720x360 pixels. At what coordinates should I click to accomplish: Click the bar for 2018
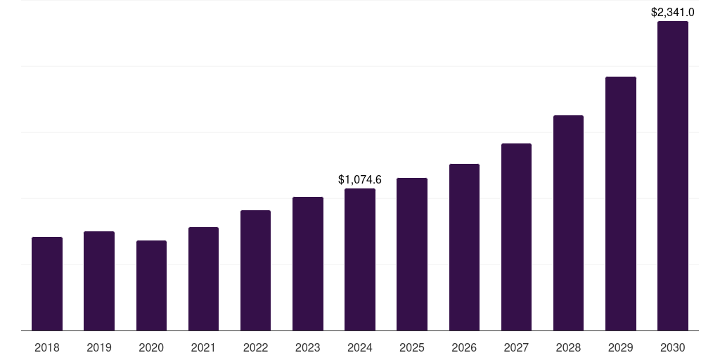coord(47,284)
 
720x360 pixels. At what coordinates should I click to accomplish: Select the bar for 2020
coord(151,285)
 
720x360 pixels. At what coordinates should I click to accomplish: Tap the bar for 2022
coord(255,271)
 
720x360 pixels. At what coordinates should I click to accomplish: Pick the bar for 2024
coord(360,259)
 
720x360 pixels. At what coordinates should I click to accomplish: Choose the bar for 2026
coord(464,247)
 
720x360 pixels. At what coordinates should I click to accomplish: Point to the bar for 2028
coord(568,223)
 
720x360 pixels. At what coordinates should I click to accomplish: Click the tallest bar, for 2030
coord(673,176)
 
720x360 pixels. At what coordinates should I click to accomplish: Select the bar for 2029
coord(621,204)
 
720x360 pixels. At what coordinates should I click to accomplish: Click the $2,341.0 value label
coord(673,12)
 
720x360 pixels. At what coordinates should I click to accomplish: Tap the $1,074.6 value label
coord(360,179)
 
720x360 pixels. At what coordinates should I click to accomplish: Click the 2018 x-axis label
coord(47,347)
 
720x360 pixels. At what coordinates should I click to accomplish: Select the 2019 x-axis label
coord(99,347)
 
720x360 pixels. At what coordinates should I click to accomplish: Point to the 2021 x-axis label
coord(203,347)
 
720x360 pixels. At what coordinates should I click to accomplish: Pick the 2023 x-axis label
coord(308,347)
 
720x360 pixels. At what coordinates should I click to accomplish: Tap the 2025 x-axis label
coord(412,347)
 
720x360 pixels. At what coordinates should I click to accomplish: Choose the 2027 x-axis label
coord(516,347)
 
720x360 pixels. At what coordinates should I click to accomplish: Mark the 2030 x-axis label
coord(673,347)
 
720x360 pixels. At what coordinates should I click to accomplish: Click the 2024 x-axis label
coord(360,347)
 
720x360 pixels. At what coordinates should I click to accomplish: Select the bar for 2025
coord(412,255)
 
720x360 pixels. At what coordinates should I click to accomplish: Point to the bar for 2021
coord(203,279)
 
